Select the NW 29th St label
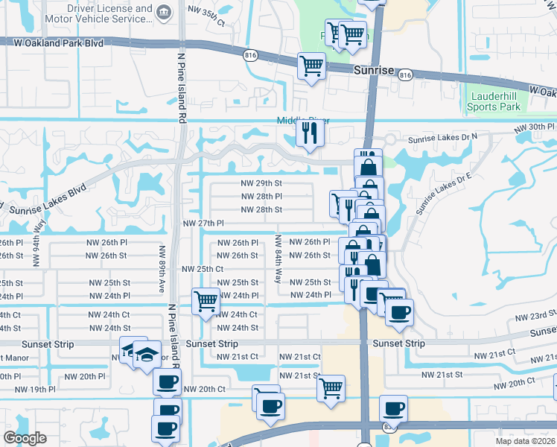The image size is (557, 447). click(x=261, y=183)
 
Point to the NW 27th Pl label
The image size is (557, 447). click(x=203, y=223)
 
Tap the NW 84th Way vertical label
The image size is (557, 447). click(x=278, y=259)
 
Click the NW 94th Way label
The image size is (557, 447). click(x=36, y=249)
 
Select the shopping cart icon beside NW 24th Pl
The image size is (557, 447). click(x=206, y=302)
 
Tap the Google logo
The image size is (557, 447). click(x=25, y=438)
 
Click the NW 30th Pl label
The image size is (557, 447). click(x=535, y=129)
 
